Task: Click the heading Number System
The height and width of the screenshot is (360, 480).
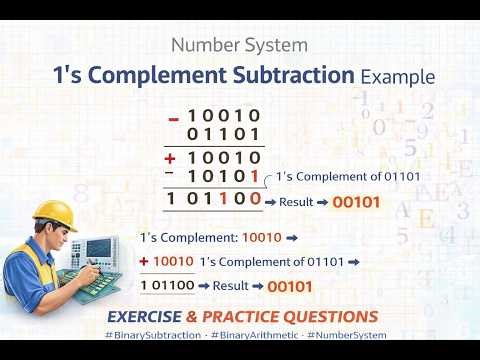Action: (x=239, y=46)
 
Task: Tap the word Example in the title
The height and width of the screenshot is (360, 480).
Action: (x=398, y=77)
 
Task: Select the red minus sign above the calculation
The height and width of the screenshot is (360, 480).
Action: (x=174, y=118)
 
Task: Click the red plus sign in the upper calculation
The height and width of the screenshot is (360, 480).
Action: (x=171, y=158)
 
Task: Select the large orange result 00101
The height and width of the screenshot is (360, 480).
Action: (x=357, y=201)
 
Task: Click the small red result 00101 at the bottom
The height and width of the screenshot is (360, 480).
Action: (x=291, y=287)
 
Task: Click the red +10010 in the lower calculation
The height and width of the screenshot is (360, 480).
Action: (x=166, y=262)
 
